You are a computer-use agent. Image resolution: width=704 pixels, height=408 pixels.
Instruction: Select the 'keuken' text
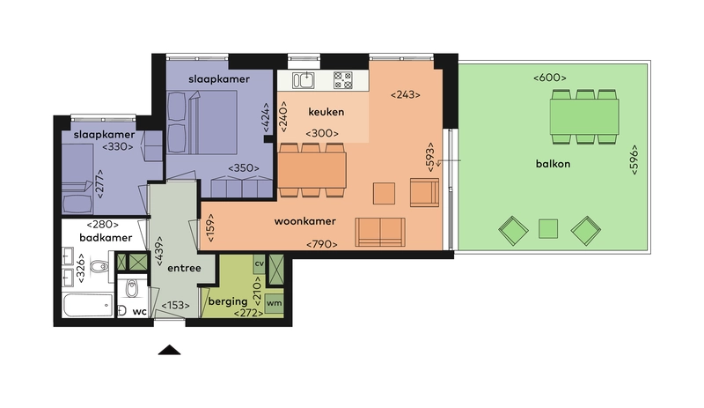click(x=326, y=113)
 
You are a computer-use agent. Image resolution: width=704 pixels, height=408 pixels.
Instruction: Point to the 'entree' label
click(x=184, y=268)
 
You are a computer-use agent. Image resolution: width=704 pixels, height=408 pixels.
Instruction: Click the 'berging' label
click(x=227, y=301)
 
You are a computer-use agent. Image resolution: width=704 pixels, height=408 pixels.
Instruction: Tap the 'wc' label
click(x=139, y=311)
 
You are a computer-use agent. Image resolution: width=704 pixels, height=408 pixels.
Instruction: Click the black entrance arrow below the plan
click(x=169, y=350)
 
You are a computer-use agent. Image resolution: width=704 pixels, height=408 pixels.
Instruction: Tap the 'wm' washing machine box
click(x=274, y=302)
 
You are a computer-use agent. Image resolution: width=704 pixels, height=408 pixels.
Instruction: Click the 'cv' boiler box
click(x=259, y=263)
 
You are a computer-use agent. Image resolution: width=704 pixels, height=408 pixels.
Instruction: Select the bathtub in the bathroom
click(x=88, y=306)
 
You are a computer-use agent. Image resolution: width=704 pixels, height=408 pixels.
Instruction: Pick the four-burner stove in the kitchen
click(x=342, y=81)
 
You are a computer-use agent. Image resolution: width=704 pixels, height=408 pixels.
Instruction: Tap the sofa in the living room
click(x=380, y=232)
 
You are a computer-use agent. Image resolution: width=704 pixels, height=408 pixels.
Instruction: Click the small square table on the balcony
click(x=548, y=229)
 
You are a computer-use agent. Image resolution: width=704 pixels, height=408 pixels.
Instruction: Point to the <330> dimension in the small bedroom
click(x=117, y=146)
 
